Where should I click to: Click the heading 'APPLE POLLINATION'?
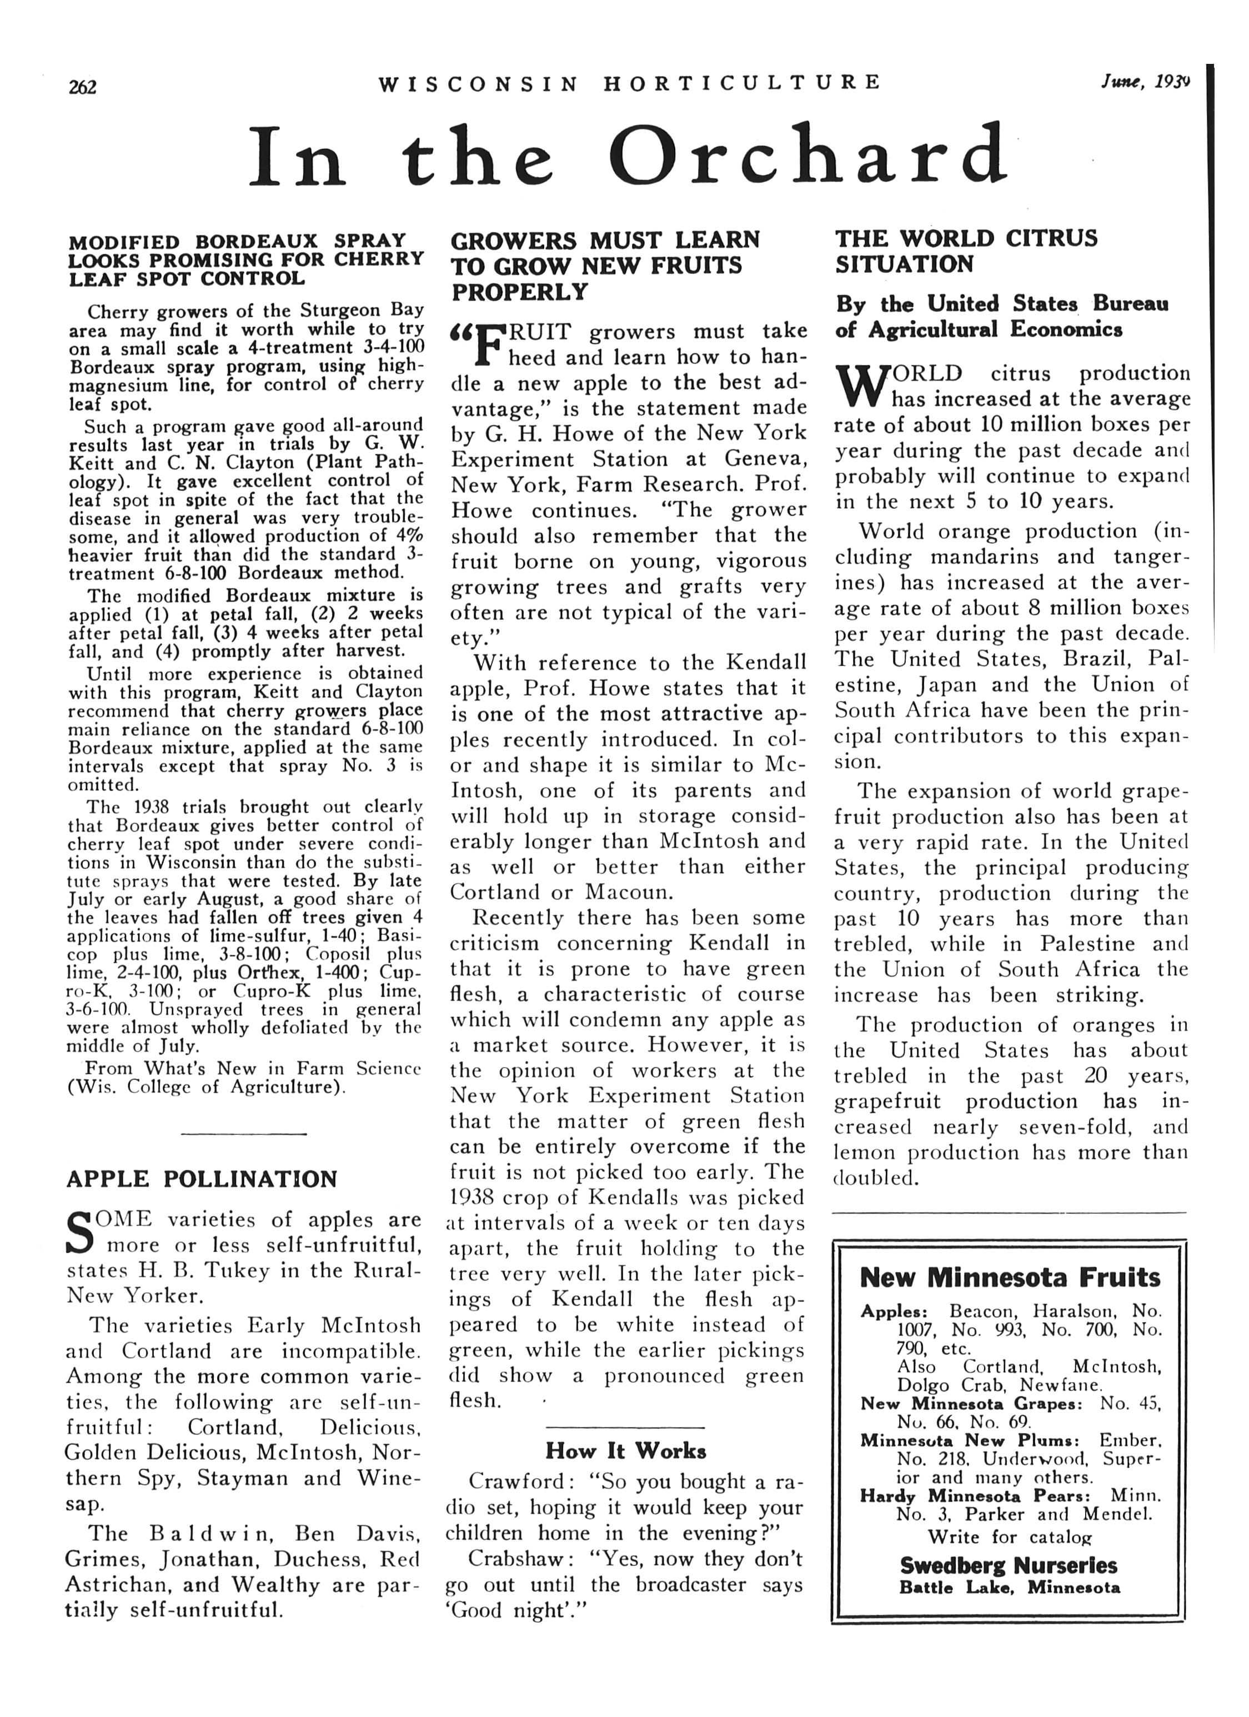[x=202, y=1179]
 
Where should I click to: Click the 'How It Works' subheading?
[x=625, y=1450]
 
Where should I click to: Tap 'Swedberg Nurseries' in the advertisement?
[x=1009, y=1565]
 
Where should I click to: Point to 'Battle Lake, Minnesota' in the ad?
[x=1009, y=1588]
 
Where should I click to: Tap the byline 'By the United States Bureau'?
[x=1002, y=304]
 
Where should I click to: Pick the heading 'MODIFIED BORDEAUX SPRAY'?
[x=237, y=242]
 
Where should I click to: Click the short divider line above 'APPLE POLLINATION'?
[x=244, y=1133]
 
